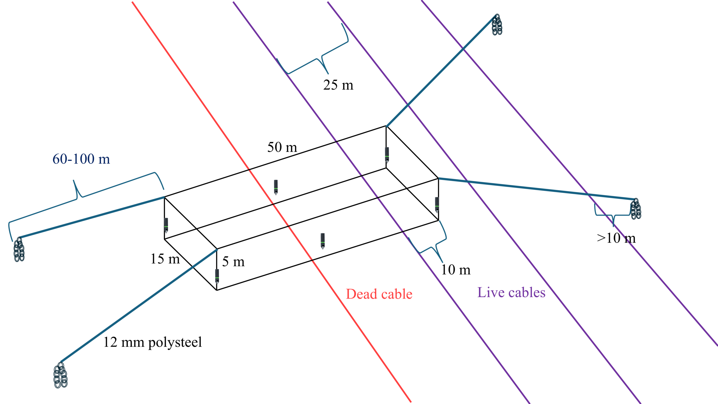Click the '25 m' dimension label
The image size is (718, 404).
(x=338, y=85)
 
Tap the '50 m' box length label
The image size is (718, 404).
(x=282, y=147)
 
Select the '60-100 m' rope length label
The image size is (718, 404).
(x=81, y=159)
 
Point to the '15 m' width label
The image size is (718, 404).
(x=165, y=259)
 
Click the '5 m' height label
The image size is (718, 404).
(x=233, y=261)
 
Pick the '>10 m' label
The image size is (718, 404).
(x=616, y=238)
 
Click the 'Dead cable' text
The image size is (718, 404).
(x=379, y=294)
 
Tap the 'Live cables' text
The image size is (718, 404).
(x=511, y=292)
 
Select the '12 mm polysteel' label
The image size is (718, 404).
(x=153, y=342)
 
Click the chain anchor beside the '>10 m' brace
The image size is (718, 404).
(x=636, y=209)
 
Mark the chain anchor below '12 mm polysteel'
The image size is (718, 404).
(x=60, y=375)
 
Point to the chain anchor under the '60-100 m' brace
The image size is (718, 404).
(x=19, y=249)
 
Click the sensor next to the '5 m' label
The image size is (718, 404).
(x=217, y=276)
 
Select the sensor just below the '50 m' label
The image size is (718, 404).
(x=276, y=187)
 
